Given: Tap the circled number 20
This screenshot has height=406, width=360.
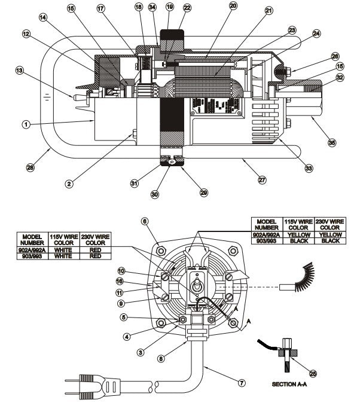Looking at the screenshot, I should click(x=233, y=5).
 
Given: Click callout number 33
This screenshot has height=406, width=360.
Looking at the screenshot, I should click(x=308, y=169).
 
